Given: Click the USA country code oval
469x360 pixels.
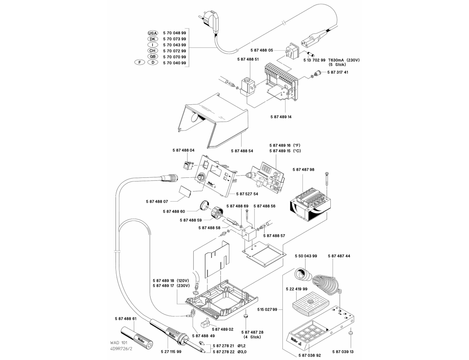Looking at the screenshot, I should [x=153, y=33].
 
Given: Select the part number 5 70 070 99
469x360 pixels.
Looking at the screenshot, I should [x=174, y=57].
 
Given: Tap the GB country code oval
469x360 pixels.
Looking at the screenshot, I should [x=153, y=57].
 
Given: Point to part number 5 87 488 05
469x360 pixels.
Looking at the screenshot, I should [x=262, y=50].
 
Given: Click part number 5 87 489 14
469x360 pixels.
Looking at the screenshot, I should [x=281, y=117].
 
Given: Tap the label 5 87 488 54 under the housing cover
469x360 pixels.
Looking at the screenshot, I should [x=242, y=151].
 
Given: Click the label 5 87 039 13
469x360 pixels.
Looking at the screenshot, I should [x=343, y=351].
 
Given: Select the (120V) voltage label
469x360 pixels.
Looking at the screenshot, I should [x=183, y=280].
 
